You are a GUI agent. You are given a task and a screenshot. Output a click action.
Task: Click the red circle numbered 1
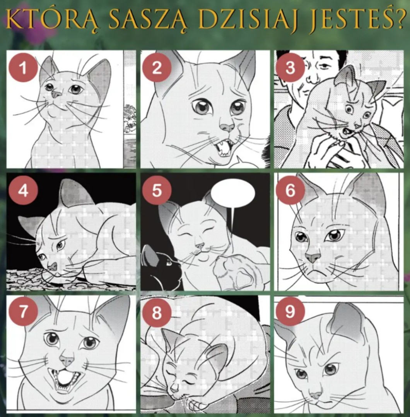[x=23, y=67]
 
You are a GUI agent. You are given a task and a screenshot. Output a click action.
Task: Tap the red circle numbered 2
[x=157, y=67]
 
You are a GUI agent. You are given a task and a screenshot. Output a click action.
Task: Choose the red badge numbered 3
[x=290, y=67]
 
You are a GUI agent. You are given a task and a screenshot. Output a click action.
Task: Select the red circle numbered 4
[x=23, y=190]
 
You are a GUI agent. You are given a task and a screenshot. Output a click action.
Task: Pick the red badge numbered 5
[x=157, y=190]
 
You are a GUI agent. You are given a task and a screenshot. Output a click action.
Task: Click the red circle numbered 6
[x=290, y=190]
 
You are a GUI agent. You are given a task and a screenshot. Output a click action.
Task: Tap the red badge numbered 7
[x=23, y=311]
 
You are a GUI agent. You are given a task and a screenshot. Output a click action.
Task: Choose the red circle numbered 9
[x=290, y=311]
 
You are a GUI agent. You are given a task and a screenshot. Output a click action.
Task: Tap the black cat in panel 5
[x=161, y=267]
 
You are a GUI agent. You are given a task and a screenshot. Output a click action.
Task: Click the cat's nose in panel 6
[x=313, y=257]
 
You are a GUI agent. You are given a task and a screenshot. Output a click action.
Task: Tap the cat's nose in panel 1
[x=56, y=94]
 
